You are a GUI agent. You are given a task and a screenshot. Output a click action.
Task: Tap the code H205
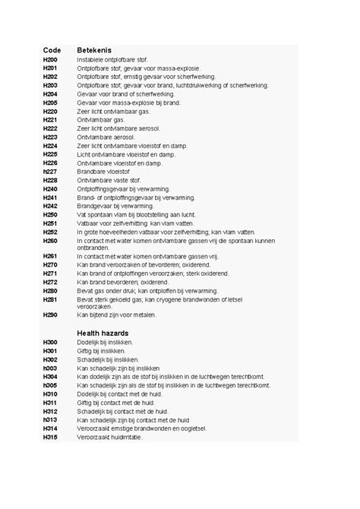pyautogui.click(x=50, y=102)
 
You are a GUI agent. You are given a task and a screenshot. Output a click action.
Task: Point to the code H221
pyautogui.click(x=50, y=119)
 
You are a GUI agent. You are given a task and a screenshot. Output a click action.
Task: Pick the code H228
pyautogui.click(x=50, y=180)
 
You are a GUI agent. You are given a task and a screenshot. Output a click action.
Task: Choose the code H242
pyautogui.click(x=50, y=206)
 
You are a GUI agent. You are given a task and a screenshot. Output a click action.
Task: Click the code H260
pyautogui.click(x=50, y=241)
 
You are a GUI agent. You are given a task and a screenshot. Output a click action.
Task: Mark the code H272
pyautogui.click(x=50, y=282)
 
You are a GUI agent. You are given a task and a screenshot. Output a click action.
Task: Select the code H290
pyautogui.click(x=50, y=315)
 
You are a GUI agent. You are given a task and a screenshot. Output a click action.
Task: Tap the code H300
pyautogui.click(x=50, y=343)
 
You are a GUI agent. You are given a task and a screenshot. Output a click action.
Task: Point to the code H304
pyautogui.click(x=50, y=377)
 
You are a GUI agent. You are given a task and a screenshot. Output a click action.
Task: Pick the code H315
pyautogui.click(x=50, y=437)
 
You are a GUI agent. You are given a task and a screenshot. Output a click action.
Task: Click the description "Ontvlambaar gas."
pyautogui.click(x=101, y=119)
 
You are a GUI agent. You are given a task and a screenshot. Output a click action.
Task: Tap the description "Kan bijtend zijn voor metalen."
pyautogui.click(x=122, y=315)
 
